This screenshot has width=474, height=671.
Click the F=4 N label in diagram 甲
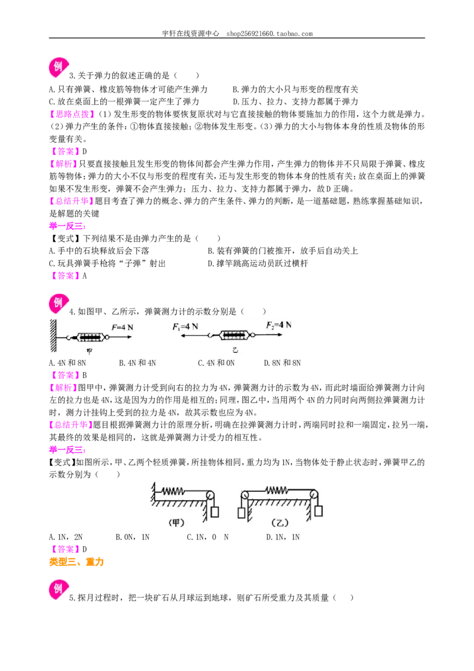coord(122,327)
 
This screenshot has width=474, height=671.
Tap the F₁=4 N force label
coord(185,327)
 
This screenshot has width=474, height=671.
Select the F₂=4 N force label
coord(278,325)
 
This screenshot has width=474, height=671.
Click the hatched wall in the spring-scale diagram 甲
coord(53,335)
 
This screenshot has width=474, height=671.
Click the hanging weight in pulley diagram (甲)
coord(215,512)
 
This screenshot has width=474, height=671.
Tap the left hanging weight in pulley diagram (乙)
coord(241,513)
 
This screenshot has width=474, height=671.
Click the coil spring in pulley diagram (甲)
coord(173,491)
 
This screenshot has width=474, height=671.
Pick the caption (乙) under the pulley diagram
coord(280,523)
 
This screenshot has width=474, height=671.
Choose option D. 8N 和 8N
coord(283,363)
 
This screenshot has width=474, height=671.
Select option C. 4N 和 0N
coord(216,363)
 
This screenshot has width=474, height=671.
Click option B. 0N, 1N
coord(133,537)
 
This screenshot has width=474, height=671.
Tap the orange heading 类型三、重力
coord(76,562)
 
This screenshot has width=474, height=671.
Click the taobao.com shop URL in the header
coord(270,34)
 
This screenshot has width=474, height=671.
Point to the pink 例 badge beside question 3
coord(59,67)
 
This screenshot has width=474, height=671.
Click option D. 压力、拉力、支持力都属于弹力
coord(296,102)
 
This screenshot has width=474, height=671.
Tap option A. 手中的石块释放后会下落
coord(100,251)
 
